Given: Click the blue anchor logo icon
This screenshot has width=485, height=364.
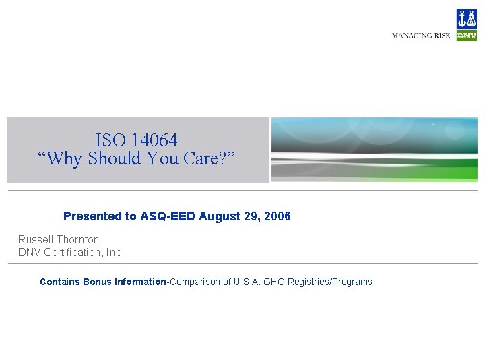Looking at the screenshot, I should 466,19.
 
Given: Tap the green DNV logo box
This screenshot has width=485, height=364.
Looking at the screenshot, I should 466,36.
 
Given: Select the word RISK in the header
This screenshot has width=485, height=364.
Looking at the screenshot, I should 443,36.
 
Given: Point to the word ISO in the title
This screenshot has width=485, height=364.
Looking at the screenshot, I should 110,140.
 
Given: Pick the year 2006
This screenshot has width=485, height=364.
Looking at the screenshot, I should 278,216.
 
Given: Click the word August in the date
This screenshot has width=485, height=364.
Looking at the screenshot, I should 217,216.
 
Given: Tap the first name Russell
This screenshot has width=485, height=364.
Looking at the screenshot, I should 35,239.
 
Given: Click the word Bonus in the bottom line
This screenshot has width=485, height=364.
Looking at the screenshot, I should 98,282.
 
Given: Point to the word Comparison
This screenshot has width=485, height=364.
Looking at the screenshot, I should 196,282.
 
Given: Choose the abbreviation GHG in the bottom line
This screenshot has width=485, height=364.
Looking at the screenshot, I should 273,282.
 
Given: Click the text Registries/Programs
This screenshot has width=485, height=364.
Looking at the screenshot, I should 330,282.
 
